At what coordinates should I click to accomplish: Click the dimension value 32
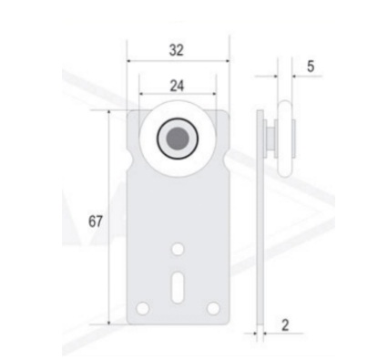tap(177, 50)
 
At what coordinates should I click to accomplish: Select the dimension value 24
tap(177, 86)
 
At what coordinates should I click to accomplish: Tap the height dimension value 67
tap(96, 221)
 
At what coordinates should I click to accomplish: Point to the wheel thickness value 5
tap(311, 67)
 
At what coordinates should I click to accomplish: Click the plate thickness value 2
tap(285, 325)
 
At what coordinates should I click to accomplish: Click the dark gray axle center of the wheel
tap(178, 139)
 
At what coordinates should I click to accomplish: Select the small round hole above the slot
tap(178, 249)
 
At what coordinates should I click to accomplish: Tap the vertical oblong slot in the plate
tap(178, 287)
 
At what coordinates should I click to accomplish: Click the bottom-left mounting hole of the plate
tap(143, 309)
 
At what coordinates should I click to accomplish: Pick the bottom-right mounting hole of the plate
tap(213, 308)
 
